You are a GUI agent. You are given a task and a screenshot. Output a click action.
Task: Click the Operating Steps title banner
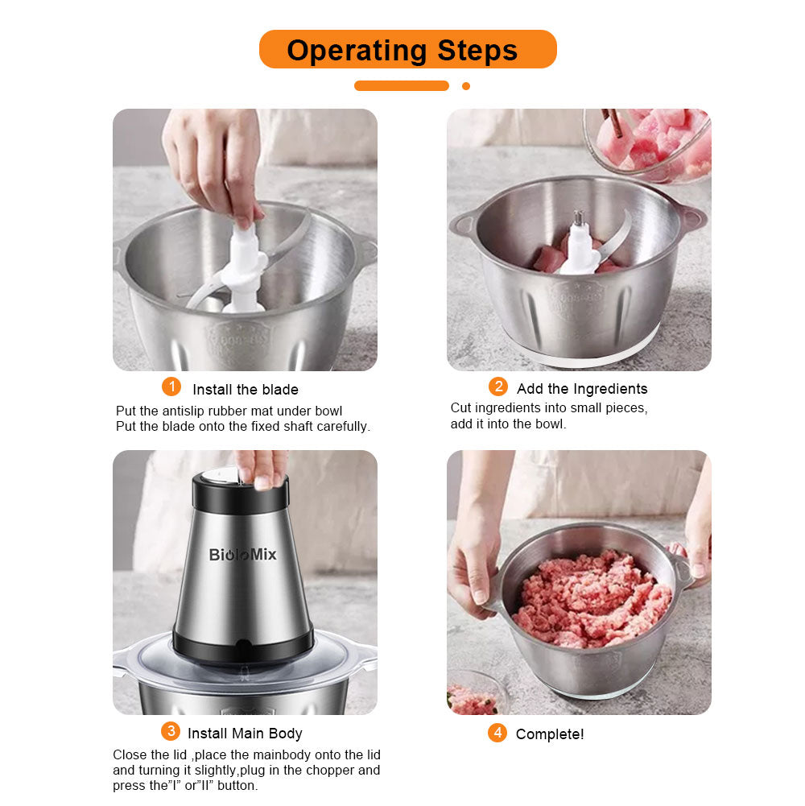(x=407, y=50)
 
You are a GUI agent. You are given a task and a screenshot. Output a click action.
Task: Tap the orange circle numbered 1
(x=171, y=386)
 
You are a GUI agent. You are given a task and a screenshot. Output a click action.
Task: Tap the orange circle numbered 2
(x=498, y=386)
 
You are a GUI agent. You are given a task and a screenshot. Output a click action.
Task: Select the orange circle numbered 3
(x=170, y=731)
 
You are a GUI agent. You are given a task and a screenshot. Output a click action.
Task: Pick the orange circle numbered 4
(x=497, y=733)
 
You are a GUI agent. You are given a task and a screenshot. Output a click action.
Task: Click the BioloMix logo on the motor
(x=242, y=554)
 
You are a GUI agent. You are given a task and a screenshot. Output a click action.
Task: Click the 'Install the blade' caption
(x=246, y=390)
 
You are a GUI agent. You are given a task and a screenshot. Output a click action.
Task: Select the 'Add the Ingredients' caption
(x=582, y=389)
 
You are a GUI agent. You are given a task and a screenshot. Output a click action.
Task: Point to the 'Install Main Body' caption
(x=245, y=733)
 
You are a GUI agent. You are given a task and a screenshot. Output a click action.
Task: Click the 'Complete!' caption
(x=550, y=734)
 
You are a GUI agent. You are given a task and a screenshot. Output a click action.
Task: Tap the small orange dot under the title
(x=466, y=86)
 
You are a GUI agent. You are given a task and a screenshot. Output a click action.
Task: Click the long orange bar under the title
(x=402, y=86)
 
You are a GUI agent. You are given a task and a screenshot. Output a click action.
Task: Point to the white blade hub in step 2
(x=580, y=246)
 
